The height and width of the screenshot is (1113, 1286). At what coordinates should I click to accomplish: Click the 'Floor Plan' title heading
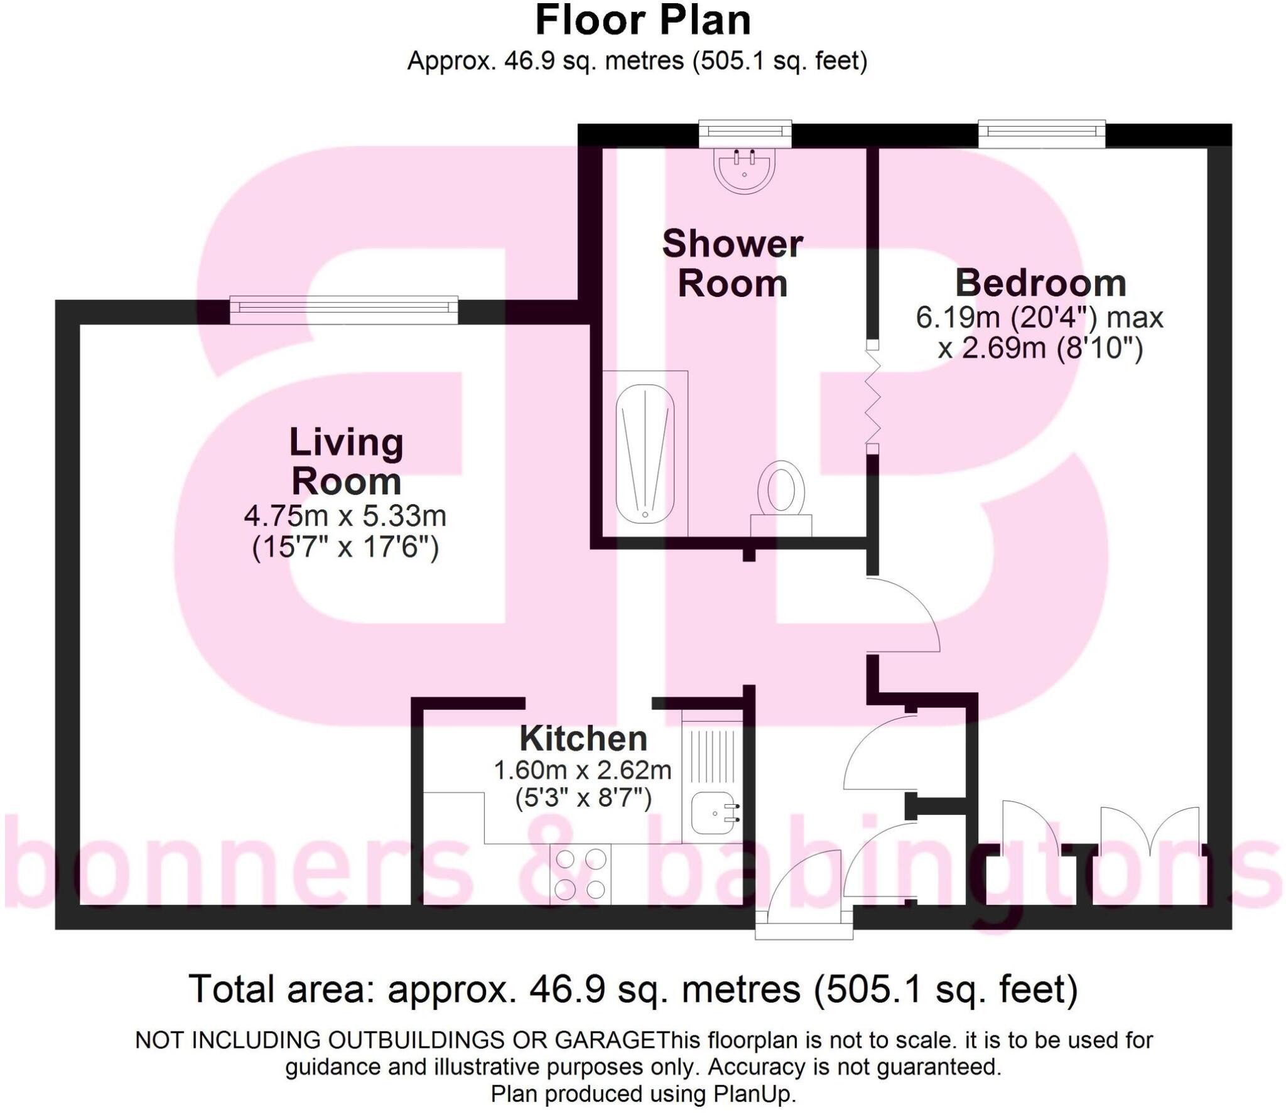[642, 21]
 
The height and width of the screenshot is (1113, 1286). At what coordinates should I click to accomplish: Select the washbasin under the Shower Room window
[745, 169]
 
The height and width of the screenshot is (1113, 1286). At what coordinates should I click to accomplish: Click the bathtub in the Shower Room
[645, 453]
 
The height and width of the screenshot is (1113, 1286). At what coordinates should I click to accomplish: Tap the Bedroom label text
[1040, 283]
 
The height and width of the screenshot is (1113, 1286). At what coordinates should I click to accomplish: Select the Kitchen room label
[583, 739]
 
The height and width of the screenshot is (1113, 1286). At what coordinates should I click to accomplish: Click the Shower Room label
[732, 264]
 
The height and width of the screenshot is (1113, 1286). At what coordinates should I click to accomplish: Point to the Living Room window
[343, 310]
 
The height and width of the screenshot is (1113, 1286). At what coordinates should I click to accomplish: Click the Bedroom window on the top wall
[1042, 134]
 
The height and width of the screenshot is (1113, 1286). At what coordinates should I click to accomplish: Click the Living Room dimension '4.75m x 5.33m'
[345, 516]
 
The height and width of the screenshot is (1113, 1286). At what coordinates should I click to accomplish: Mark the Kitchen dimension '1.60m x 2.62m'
[583, 770]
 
